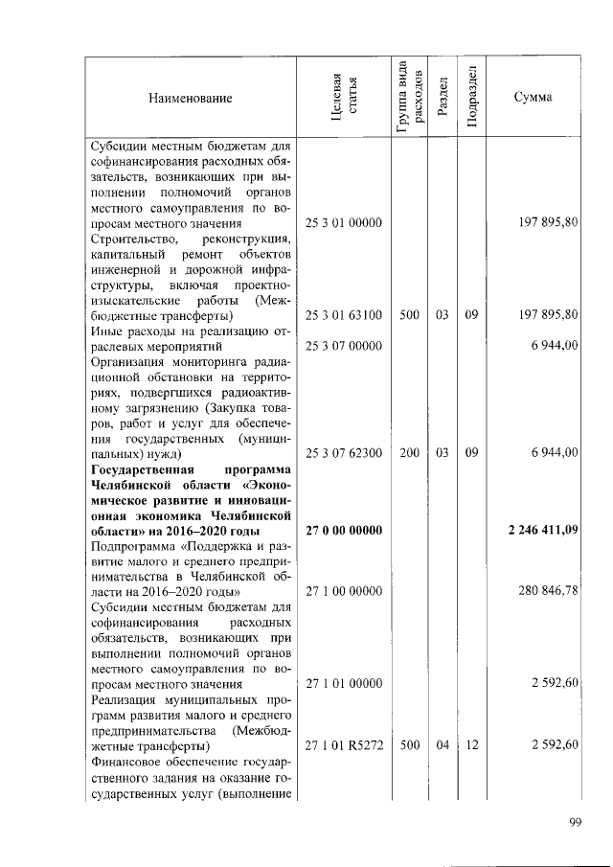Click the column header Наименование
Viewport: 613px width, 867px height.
click(x=190, y=99)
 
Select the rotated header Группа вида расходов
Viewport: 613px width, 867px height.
click(x=409, y=98)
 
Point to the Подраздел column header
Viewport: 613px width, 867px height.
click(x=471, y=98)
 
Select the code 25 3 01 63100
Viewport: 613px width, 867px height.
click(x=343, y=314)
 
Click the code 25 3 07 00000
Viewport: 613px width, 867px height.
click(x=343, y=345)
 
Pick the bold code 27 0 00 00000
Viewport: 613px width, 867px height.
click(x=343, y=531)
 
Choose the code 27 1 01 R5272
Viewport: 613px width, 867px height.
click(x=343, y=745)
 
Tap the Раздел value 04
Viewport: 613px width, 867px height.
click(x=442, y=745)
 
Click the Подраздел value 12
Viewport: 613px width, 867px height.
click(x=471, y=745)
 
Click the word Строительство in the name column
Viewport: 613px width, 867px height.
click(x=130, y=238)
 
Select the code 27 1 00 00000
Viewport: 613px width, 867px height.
click(x=343, y=592)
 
